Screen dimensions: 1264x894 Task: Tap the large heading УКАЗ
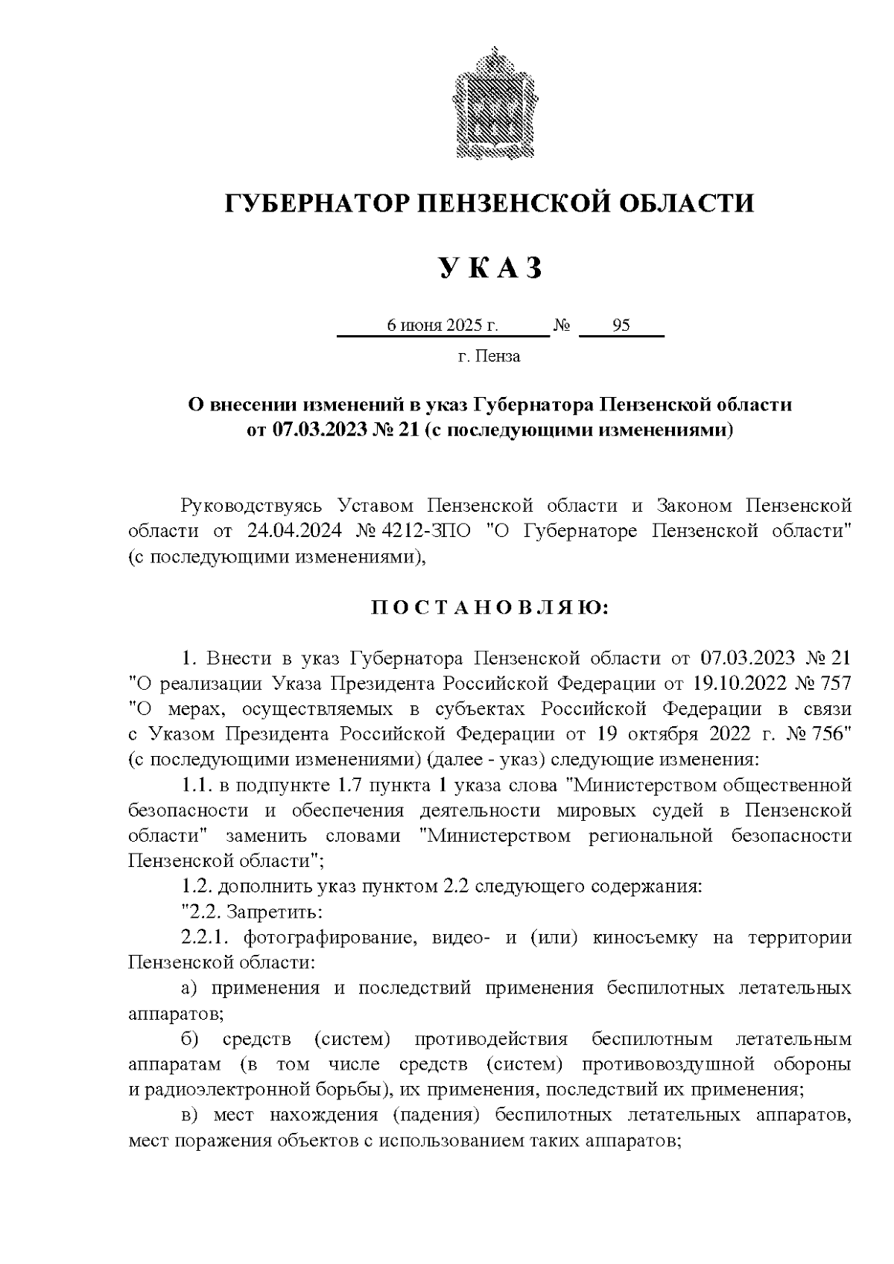(x=489, y=268)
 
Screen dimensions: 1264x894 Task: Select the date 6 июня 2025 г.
(x=441, y=325)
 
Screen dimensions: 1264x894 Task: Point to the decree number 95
(x=621, y=325)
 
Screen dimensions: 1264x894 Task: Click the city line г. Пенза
(x=489, y=356)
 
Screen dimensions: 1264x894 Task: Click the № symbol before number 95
(x=562, y=325)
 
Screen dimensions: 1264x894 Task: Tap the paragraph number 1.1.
(x=195, y=785)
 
